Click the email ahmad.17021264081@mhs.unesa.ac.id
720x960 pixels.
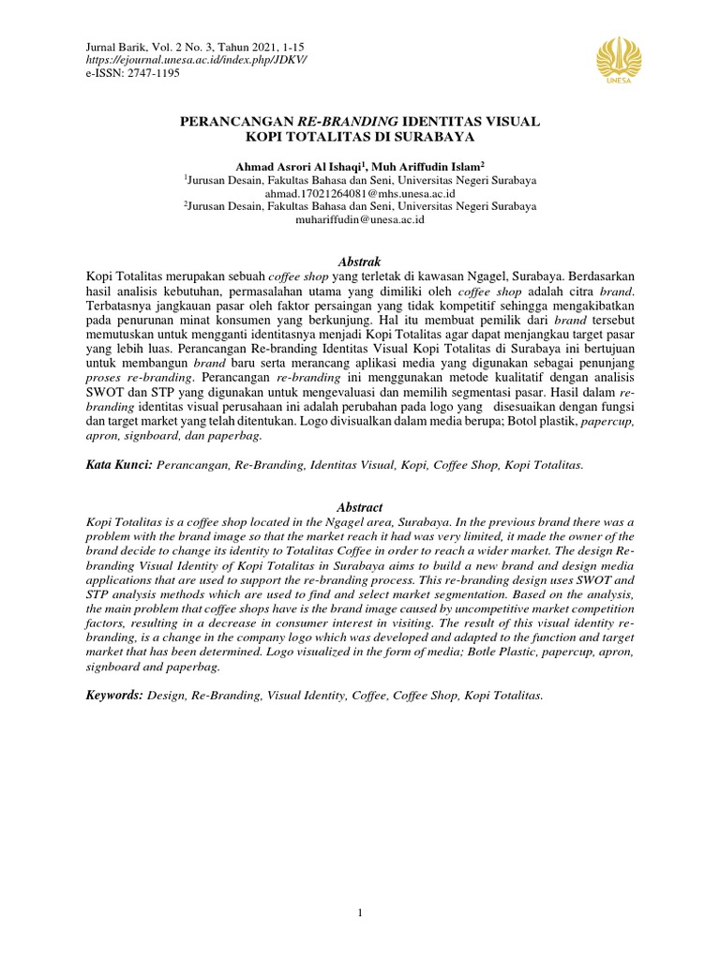coord(360,191)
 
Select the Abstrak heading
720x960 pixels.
coord(360,261)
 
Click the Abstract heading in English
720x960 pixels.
coord(360,507)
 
